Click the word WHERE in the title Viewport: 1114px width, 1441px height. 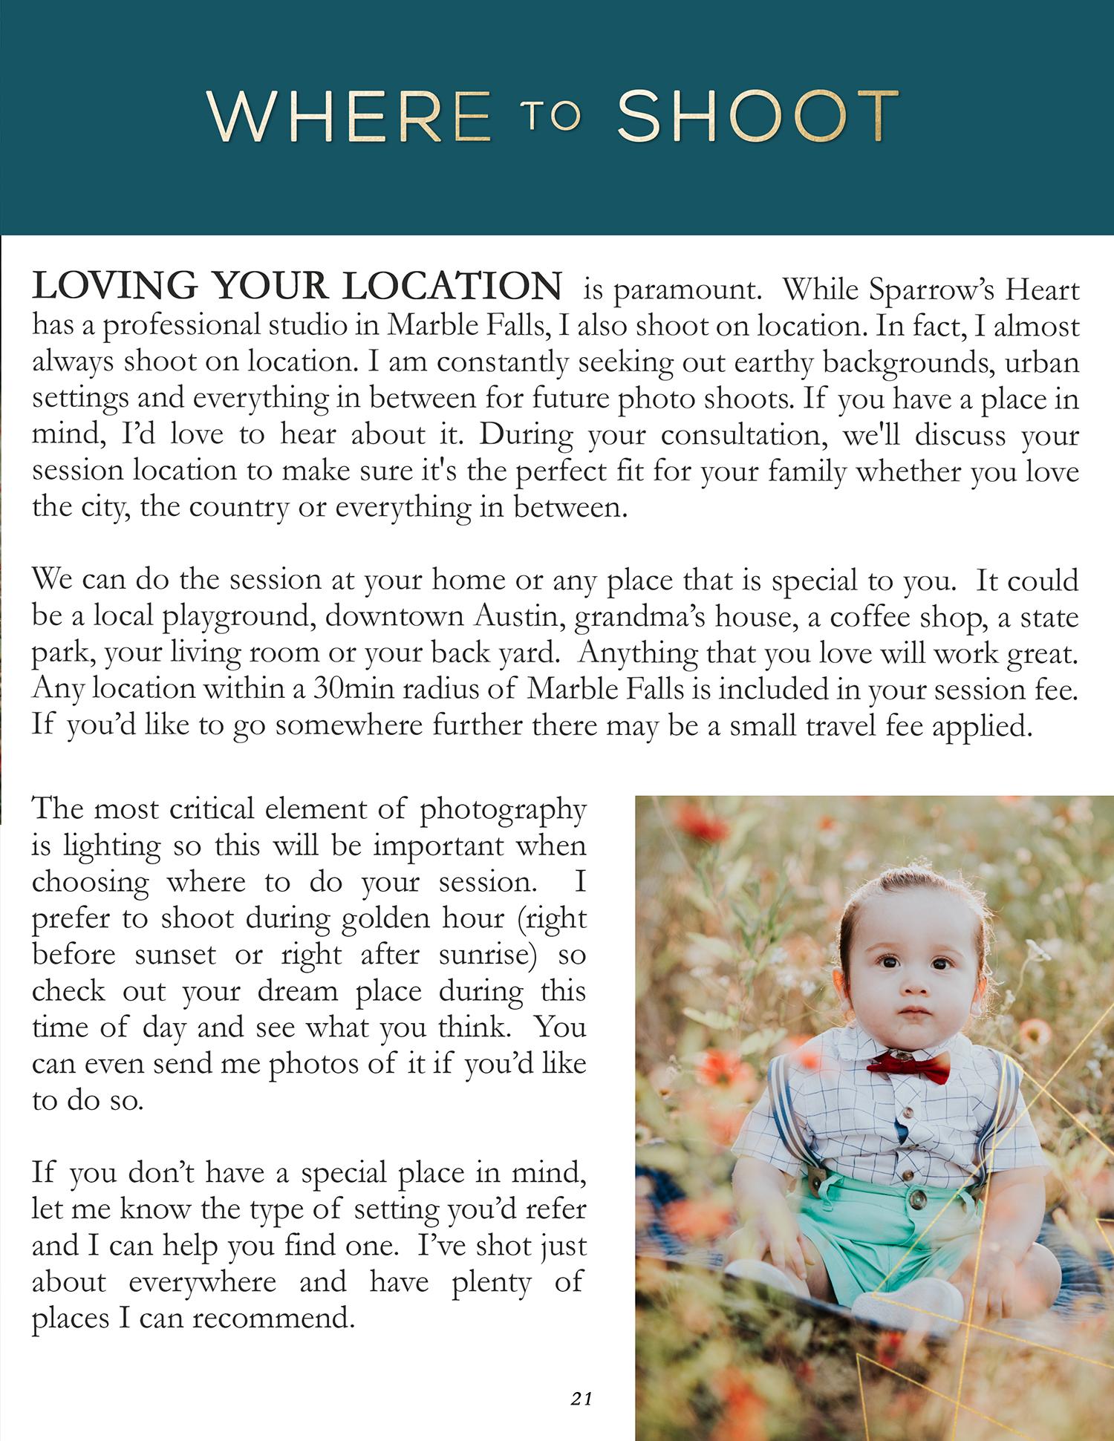point(349,117)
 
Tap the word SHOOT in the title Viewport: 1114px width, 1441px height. point(758,117)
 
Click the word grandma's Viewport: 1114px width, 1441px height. point(628,617)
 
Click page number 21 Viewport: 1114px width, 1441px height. point(582,1399)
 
